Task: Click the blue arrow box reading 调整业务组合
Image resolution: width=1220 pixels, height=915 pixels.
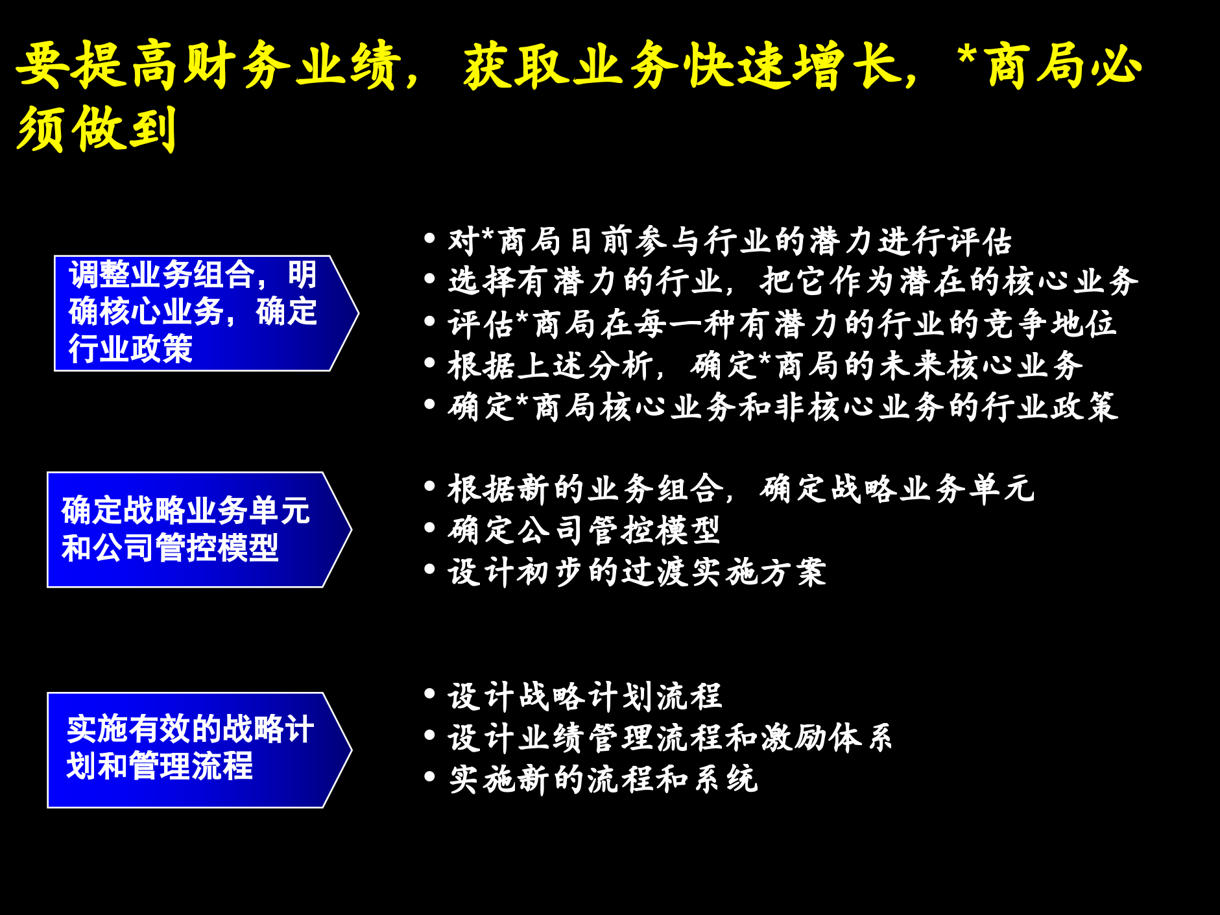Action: tap(195, 313)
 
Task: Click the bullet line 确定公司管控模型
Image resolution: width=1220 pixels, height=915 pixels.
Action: tap(584, 530)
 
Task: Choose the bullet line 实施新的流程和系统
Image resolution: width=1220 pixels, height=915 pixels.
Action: tap(603, 779)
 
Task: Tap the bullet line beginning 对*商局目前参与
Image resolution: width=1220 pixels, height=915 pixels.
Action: tap(730, 241)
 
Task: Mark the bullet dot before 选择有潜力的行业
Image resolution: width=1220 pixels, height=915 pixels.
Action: tap(429, 279)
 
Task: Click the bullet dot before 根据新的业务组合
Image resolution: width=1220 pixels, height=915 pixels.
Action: tap(429, 486)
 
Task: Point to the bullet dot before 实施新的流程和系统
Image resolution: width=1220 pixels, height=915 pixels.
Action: tap(429, 776)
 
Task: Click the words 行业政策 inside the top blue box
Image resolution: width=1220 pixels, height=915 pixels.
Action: tap(131, 349)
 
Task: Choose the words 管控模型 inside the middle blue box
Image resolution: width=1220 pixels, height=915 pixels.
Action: tap(217, 548)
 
